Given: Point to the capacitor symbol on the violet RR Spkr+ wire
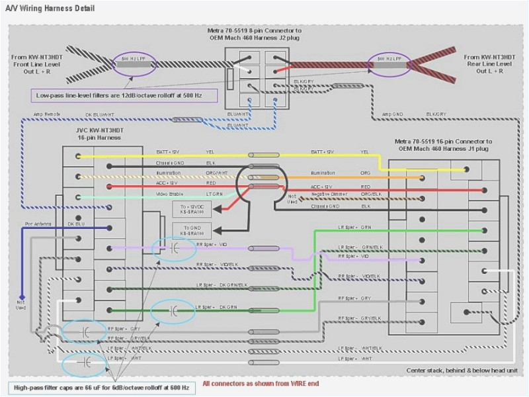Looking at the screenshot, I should (174, 248).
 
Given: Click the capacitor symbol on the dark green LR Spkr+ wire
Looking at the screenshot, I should (173, 310).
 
